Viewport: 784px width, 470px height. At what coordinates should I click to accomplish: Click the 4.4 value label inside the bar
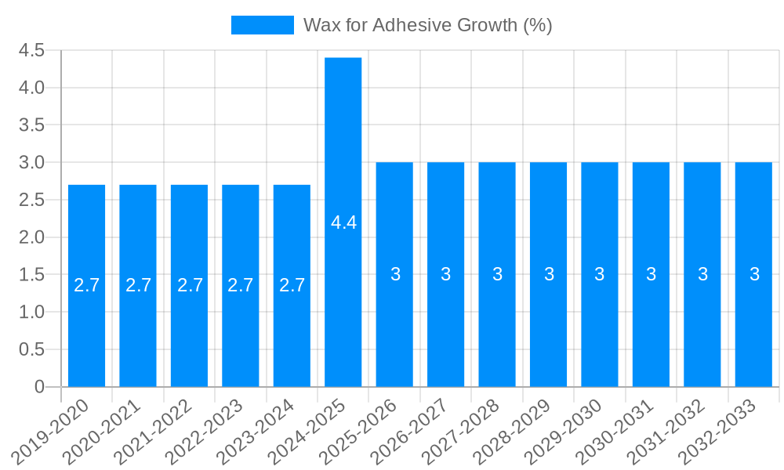(343, 222)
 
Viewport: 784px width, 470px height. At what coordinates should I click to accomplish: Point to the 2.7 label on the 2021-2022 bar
(190, 285)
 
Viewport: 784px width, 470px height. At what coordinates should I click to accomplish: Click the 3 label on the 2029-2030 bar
(600, 274)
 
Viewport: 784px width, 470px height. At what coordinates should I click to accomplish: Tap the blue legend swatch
(262, 25)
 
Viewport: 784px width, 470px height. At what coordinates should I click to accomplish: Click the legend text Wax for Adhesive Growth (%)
(428, 25)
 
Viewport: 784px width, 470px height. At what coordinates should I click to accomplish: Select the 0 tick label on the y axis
(39, 387)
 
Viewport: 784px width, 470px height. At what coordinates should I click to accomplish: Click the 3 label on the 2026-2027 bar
(446, 274)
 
